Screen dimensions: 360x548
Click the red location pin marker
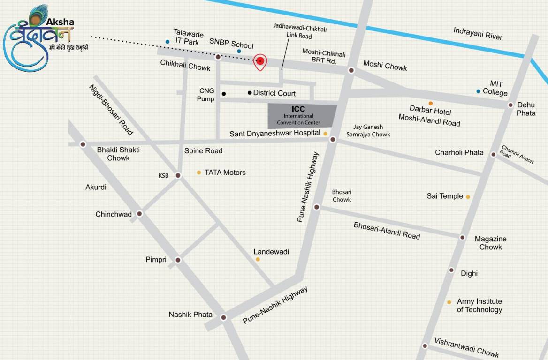tap(260, 61)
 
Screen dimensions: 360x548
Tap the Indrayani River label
tap(478, 33)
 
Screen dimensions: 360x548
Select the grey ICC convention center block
tap(302, 116)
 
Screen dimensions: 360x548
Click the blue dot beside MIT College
tap(478, 91)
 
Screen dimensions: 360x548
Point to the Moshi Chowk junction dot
tap(351, 70)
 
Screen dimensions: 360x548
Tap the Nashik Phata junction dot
tap(224, 317)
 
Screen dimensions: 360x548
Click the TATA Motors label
tap(225, 172)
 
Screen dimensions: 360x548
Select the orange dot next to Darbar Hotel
tap(430, 103)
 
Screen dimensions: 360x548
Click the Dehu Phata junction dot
tap(510, 105)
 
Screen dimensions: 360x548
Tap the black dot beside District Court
tap(250, 93)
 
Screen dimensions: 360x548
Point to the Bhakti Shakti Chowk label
tap(118, 154)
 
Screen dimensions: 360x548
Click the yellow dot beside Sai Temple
tap(468, 197)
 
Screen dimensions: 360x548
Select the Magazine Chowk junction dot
tap(462, 238)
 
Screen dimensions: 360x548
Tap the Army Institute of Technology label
tap(479, 305)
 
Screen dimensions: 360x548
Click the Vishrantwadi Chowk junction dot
tap(425, 346)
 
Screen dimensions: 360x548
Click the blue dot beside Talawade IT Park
tap(167, 42)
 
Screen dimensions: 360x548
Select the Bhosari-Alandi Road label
tap(387, 231)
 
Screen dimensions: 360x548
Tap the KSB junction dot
tap(178, 175)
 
